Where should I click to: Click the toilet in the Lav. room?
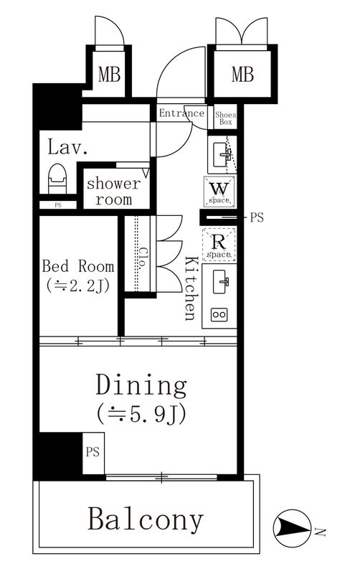coord(57,178)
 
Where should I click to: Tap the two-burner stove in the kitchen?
coord(219,314)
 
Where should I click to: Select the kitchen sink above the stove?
coord(220,281)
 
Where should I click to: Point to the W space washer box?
coord(219,191)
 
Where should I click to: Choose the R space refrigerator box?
coord(219,244)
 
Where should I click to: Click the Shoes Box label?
coord(225,118)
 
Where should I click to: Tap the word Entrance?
coord(181,113)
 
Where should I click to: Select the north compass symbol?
coord(293,528)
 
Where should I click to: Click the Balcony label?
coord(146,519)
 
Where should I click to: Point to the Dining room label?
coord(141,385)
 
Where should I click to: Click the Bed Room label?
coord(78,266)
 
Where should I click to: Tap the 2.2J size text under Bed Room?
coord(78,286)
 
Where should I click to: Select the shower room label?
coord(113,191)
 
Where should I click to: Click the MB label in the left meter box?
coord(109,75)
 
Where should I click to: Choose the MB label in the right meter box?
coord(242,74)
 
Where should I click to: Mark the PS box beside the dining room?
coord(93,453)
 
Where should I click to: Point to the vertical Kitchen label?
coord(191,289)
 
